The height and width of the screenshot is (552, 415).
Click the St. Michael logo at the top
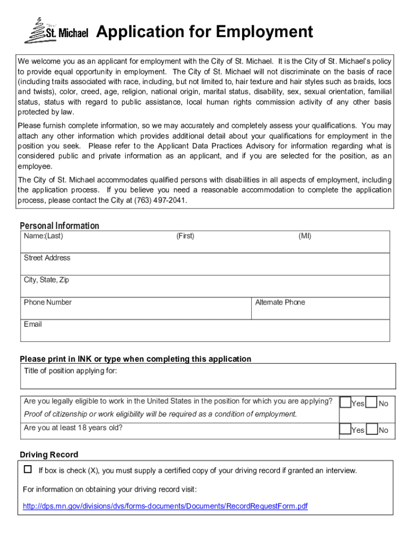coord(56,31)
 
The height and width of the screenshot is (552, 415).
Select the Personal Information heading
coord(59,226)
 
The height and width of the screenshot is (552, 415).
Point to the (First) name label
coord(185,236)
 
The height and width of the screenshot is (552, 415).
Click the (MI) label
coord(305,236)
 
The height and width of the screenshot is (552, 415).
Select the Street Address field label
coord(47,258)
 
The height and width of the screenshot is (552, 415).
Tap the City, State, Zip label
coord(46,280)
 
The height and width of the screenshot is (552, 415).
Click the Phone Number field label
coord(47,302)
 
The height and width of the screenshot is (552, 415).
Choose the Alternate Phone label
coord(280,302)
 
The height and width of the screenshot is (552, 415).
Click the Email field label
coord(33,325)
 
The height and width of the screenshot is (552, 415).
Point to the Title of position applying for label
coord(71,371)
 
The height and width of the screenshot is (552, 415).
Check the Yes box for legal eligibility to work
coord(345,403)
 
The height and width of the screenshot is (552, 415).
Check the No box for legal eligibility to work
coord(371,403)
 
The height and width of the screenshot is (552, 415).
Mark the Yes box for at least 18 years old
coord(345,429)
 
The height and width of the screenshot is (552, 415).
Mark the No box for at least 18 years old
coord(371,429)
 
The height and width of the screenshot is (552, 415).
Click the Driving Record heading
coord(49,455)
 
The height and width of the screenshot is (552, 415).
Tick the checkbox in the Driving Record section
coord(28,470)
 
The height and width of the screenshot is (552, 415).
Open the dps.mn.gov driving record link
coord(165,507)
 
